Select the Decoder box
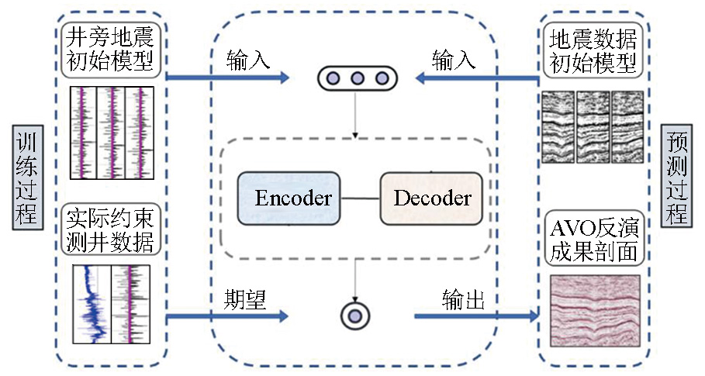click(x=431, y=198)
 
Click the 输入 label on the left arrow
click(x=248, y=60)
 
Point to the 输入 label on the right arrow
click(x=454, y=60)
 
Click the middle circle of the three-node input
click(x=358, y=78)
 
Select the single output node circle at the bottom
click(x=355, y=316)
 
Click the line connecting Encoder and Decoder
click(x=360, y=198)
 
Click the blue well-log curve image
click(x=113, y=304)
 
